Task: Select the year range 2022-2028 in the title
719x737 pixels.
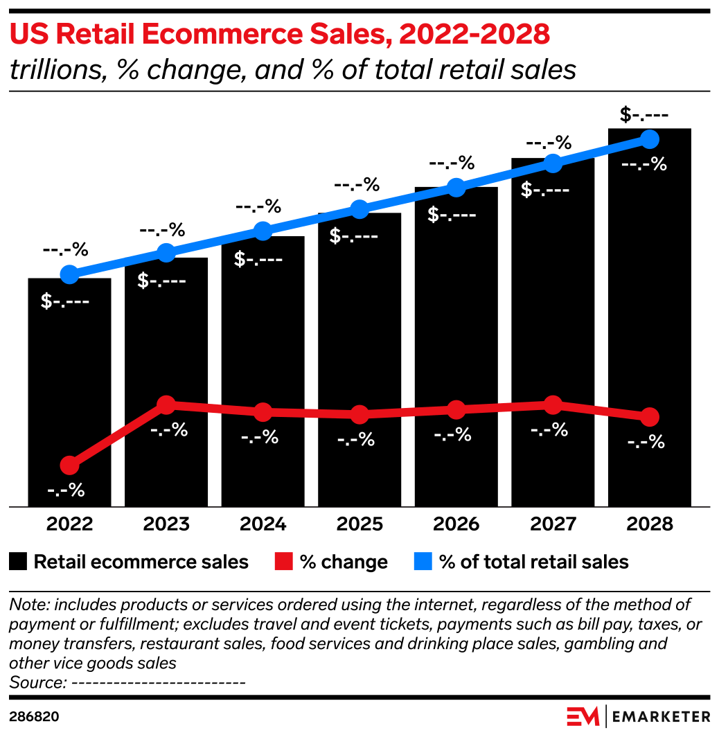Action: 474,33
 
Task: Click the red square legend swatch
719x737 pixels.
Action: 283,561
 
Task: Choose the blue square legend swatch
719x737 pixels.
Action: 423,561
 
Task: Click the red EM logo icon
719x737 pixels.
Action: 582,716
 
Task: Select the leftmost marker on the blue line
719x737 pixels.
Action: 69,274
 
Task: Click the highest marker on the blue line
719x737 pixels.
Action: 649,139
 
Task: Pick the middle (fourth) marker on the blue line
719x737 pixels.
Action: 359,209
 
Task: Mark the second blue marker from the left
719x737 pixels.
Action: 166,252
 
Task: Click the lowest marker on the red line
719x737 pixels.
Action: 69,465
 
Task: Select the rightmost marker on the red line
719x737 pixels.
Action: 649,417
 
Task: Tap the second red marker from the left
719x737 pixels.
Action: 166,405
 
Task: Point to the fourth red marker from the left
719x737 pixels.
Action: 359,415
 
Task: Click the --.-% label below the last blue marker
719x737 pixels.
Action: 643,165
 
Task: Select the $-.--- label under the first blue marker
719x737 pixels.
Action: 65,302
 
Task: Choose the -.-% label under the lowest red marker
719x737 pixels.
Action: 66,490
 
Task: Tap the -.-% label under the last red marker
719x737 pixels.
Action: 646,442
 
